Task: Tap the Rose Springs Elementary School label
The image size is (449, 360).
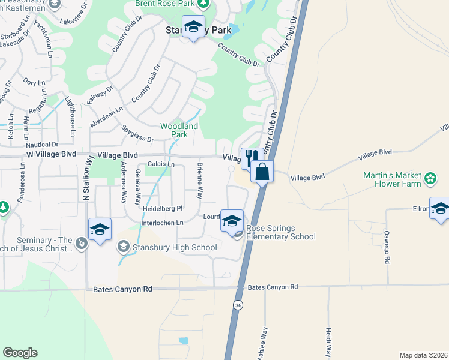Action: click(280, 232)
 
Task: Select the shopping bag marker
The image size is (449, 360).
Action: click(262, 172)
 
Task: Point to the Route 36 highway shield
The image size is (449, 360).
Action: click(238, 305)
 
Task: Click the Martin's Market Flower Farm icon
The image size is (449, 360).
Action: click(430, 178)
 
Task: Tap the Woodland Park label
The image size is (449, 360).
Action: click(179, 130)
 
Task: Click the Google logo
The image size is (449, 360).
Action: click(20, 353)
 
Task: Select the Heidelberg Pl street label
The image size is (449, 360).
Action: click(162, 209)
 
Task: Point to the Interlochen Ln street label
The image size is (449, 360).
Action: click(161, 223)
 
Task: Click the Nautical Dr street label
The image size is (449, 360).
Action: click(42, 145)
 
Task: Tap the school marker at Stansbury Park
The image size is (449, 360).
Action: click(193, 28)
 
